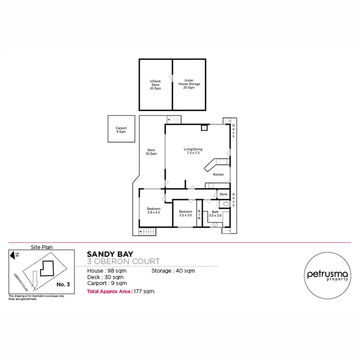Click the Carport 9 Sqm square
[x=121, y=129]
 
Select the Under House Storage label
[x=189, y=84]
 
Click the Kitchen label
[x=218, y=175]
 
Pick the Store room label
[x=224, y=194]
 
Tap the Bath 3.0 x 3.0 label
[x=215, y=214]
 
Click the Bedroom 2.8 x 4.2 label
[x=154, y=210]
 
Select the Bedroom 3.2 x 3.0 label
[x=185, y=213]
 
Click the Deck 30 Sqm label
[x=151, y=152]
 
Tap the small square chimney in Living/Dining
[x=204, y=128]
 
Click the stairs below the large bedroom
[x=147, y=232]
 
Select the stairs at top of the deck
[x=174, y=119]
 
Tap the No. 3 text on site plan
[x=63, y=284]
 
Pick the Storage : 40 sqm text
[x=173, y=271]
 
